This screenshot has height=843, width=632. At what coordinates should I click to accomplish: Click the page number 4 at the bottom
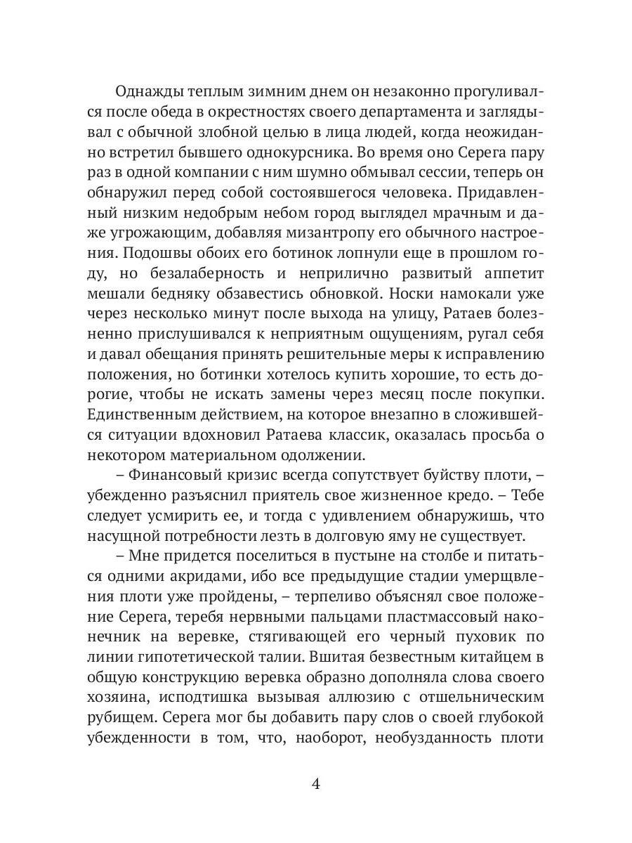click(x=315, y=784)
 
